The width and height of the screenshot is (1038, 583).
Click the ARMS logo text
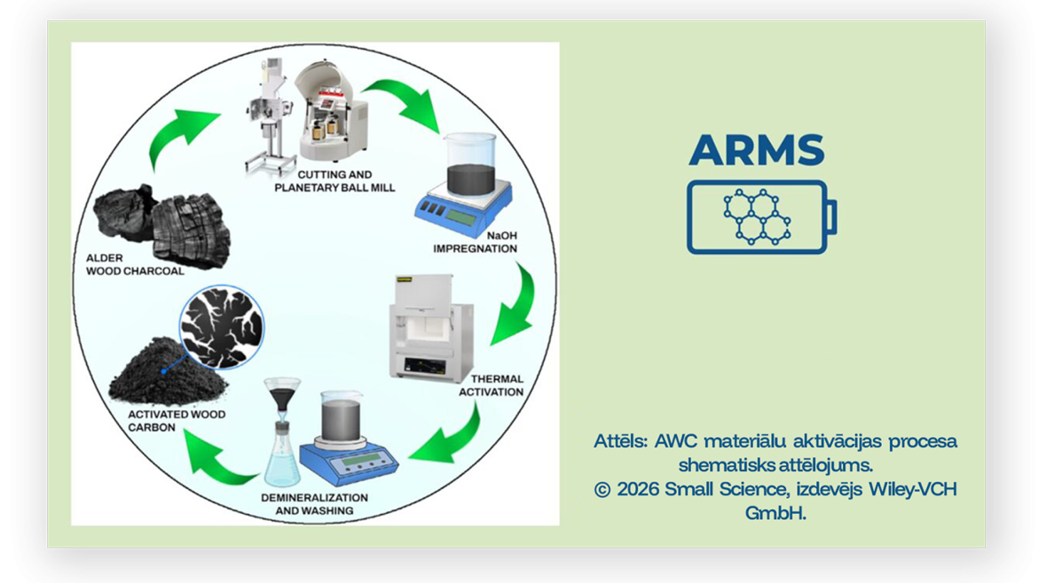[757, 150]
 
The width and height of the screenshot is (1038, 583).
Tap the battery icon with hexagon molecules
[762, 217]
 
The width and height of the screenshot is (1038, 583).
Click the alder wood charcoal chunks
[163, 225]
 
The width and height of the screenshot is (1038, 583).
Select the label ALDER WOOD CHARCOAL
[135, 264]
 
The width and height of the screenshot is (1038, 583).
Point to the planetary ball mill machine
[330, 111]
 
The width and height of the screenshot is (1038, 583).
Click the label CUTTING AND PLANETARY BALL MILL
[334, 181]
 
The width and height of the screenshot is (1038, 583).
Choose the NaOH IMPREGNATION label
[476, 242]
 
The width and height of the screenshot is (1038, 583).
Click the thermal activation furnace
[432, 327]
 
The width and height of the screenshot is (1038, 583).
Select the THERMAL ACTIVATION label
[491, 385]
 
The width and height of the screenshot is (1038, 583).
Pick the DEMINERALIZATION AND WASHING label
[314, 503]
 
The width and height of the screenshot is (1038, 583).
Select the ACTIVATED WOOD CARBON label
[177, 420]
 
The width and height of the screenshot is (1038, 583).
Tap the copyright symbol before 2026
[602, 490]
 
